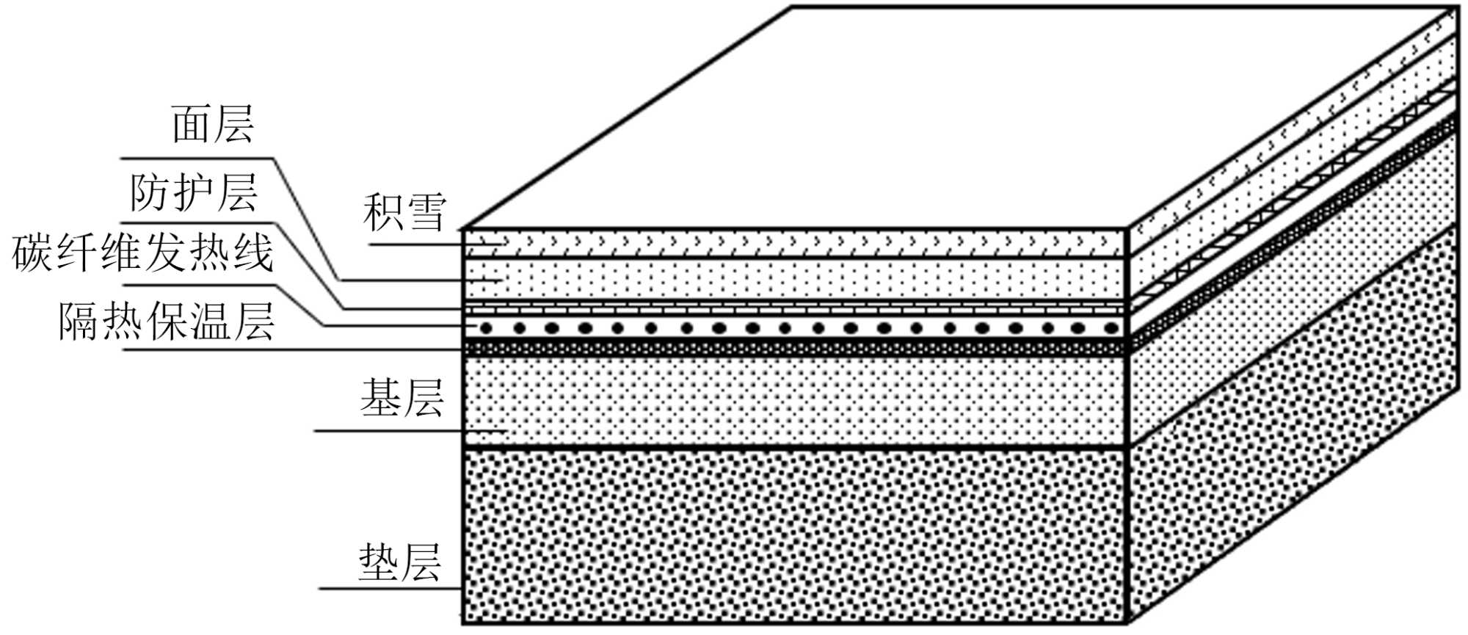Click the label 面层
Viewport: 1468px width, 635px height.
pyautogui.click(x=213, y=125)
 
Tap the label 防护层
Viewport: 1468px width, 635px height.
pyautogui.click(x=194, y=193)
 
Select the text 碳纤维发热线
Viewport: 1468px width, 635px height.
pyautogui.click(x=142, y=254)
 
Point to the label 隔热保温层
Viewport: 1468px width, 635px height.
pyautogui.click(x=166, y=322)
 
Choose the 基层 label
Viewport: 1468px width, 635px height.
pyautogui.click(x=401, y=399)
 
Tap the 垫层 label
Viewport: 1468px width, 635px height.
pyautogui.click(x=400, y=563)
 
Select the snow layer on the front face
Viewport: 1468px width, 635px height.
pyautogui.click(x=793, y=242)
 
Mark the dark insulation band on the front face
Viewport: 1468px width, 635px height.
pyautogui.click(x=793, y=347)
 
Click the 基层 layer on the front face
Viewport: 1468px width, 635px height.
pyautogui.click(x=793, y=400)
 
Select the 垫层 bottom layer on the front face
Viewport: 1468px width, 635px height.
pyautogui.click(x=793, y=536)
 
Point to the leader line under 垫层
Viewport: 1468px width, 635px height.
pyautogui.click(x=389, y=588)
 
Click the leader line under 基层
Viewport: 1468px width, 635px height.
pyautogui.click(x=389, y=430)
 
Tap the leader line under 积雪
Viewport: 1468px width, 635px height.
pyautogui.click(x=415, y=244)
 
